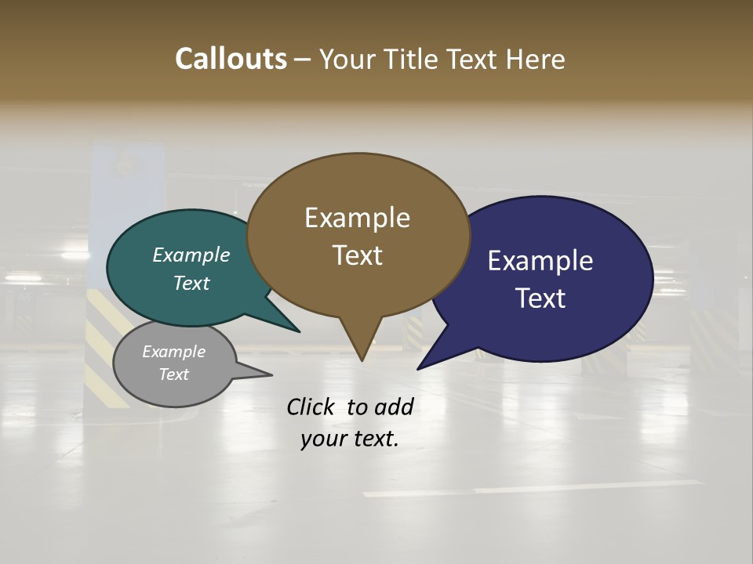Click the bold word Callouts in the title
click(231, 59)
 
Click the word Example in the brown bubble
click(357, 218)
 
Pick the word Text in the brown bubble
click(357, 255)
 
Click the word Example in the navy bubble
click(540, 261)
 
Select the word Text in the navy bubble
click(540, 298)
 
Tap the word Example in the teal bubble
click(191, 255)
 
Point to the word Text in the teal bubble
click(191, 283)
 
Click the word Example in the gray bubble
click(173, 352)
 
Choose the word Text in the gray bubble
click(173, 374)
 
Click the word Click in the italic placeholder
click(311, 407)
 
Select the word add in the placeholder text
click(393, 407)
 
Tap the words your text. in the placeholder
click(349, 439)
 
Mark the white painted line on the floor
click(533, 488)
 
